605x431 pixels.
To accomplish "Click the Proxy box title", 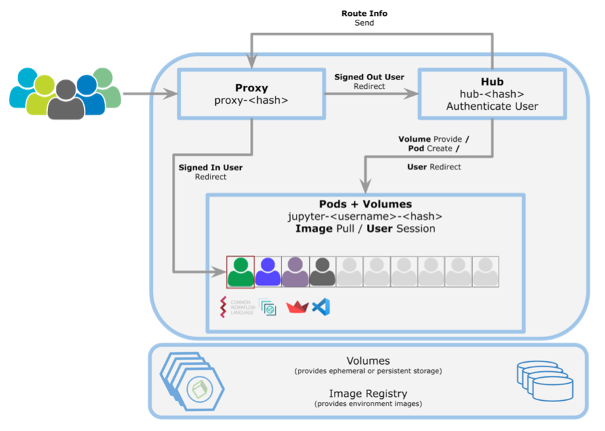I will (251, 88).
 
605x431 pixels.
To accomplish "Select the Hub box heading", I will (491, 81).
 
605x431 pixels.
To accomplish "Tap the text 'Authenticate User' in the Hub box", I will (491, 106).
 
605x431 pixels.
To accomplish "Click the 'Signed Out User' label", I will (369, 77).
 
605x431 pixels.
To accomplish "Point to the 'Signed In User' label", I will (211, 168).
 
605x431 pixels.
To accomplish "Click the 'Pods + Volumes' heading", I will (365, 204).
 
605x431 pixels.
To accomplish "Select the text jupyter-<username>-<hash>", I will (365, 216).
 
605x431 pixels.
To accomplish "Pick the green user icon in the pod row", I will (240, 272).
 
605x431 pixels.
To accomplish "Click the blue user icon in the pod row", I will (268, 272).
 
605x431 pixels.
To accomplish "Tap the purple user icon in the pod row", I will (295, 272).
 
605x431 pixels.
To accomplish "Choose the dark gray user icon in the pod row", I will (322, 272).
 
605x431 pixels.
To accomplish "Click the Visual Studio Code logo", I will (321, 307).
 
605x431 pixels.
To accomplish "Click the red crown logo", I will (297, 307).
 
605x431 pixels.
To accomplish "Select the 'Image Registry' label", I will (368, 394).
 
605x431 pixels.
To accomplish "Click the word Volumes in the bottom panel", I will (368, 361).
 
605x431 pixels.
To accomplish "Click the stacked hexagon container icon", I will (193, 381).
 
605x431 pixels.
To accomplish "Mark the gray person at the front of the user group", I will (66, 101).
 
